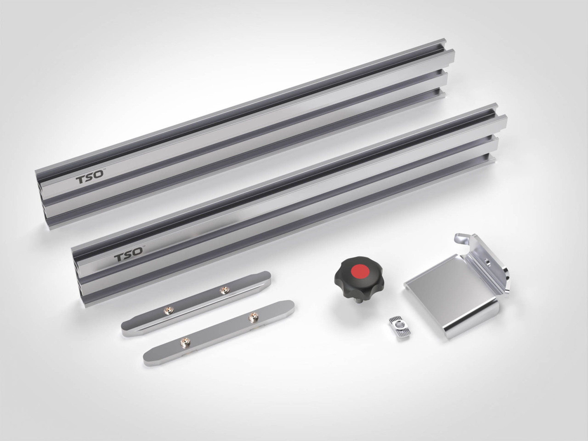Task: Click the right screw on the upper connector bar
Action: click(225, 290)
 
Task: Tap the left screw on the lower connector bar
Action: click(185, 342)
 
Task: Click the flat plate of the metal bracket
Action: click(447, 290)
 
